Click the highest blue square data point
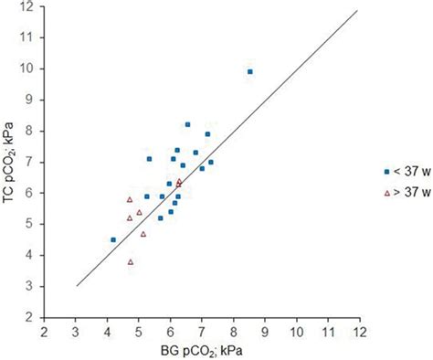[x=250, y=71]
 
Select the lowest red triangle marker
[x=131, y=261]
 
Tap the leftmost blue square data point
[x=113, y=239]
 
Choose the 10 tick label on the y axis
[x=29, y=69]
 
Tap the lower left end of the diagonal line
[x=77, y=285]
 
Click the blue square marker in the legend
[x=386, y=171]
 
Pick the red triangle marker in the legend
[x=386, y=193]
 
